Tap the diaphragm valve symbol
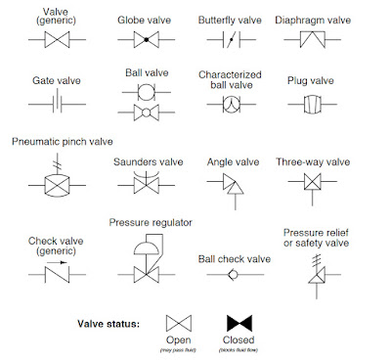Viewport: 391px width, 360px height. tap(314, 39)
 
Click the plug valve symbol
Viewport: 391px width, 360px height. tap(314, 103)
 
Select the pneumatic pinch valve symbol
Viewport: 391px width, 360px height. tap(61, 182)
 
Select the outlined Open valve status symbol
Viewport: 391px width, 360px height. tap(179, 323)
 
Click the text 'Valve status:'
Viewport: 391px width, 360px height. tap(110, 323)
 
